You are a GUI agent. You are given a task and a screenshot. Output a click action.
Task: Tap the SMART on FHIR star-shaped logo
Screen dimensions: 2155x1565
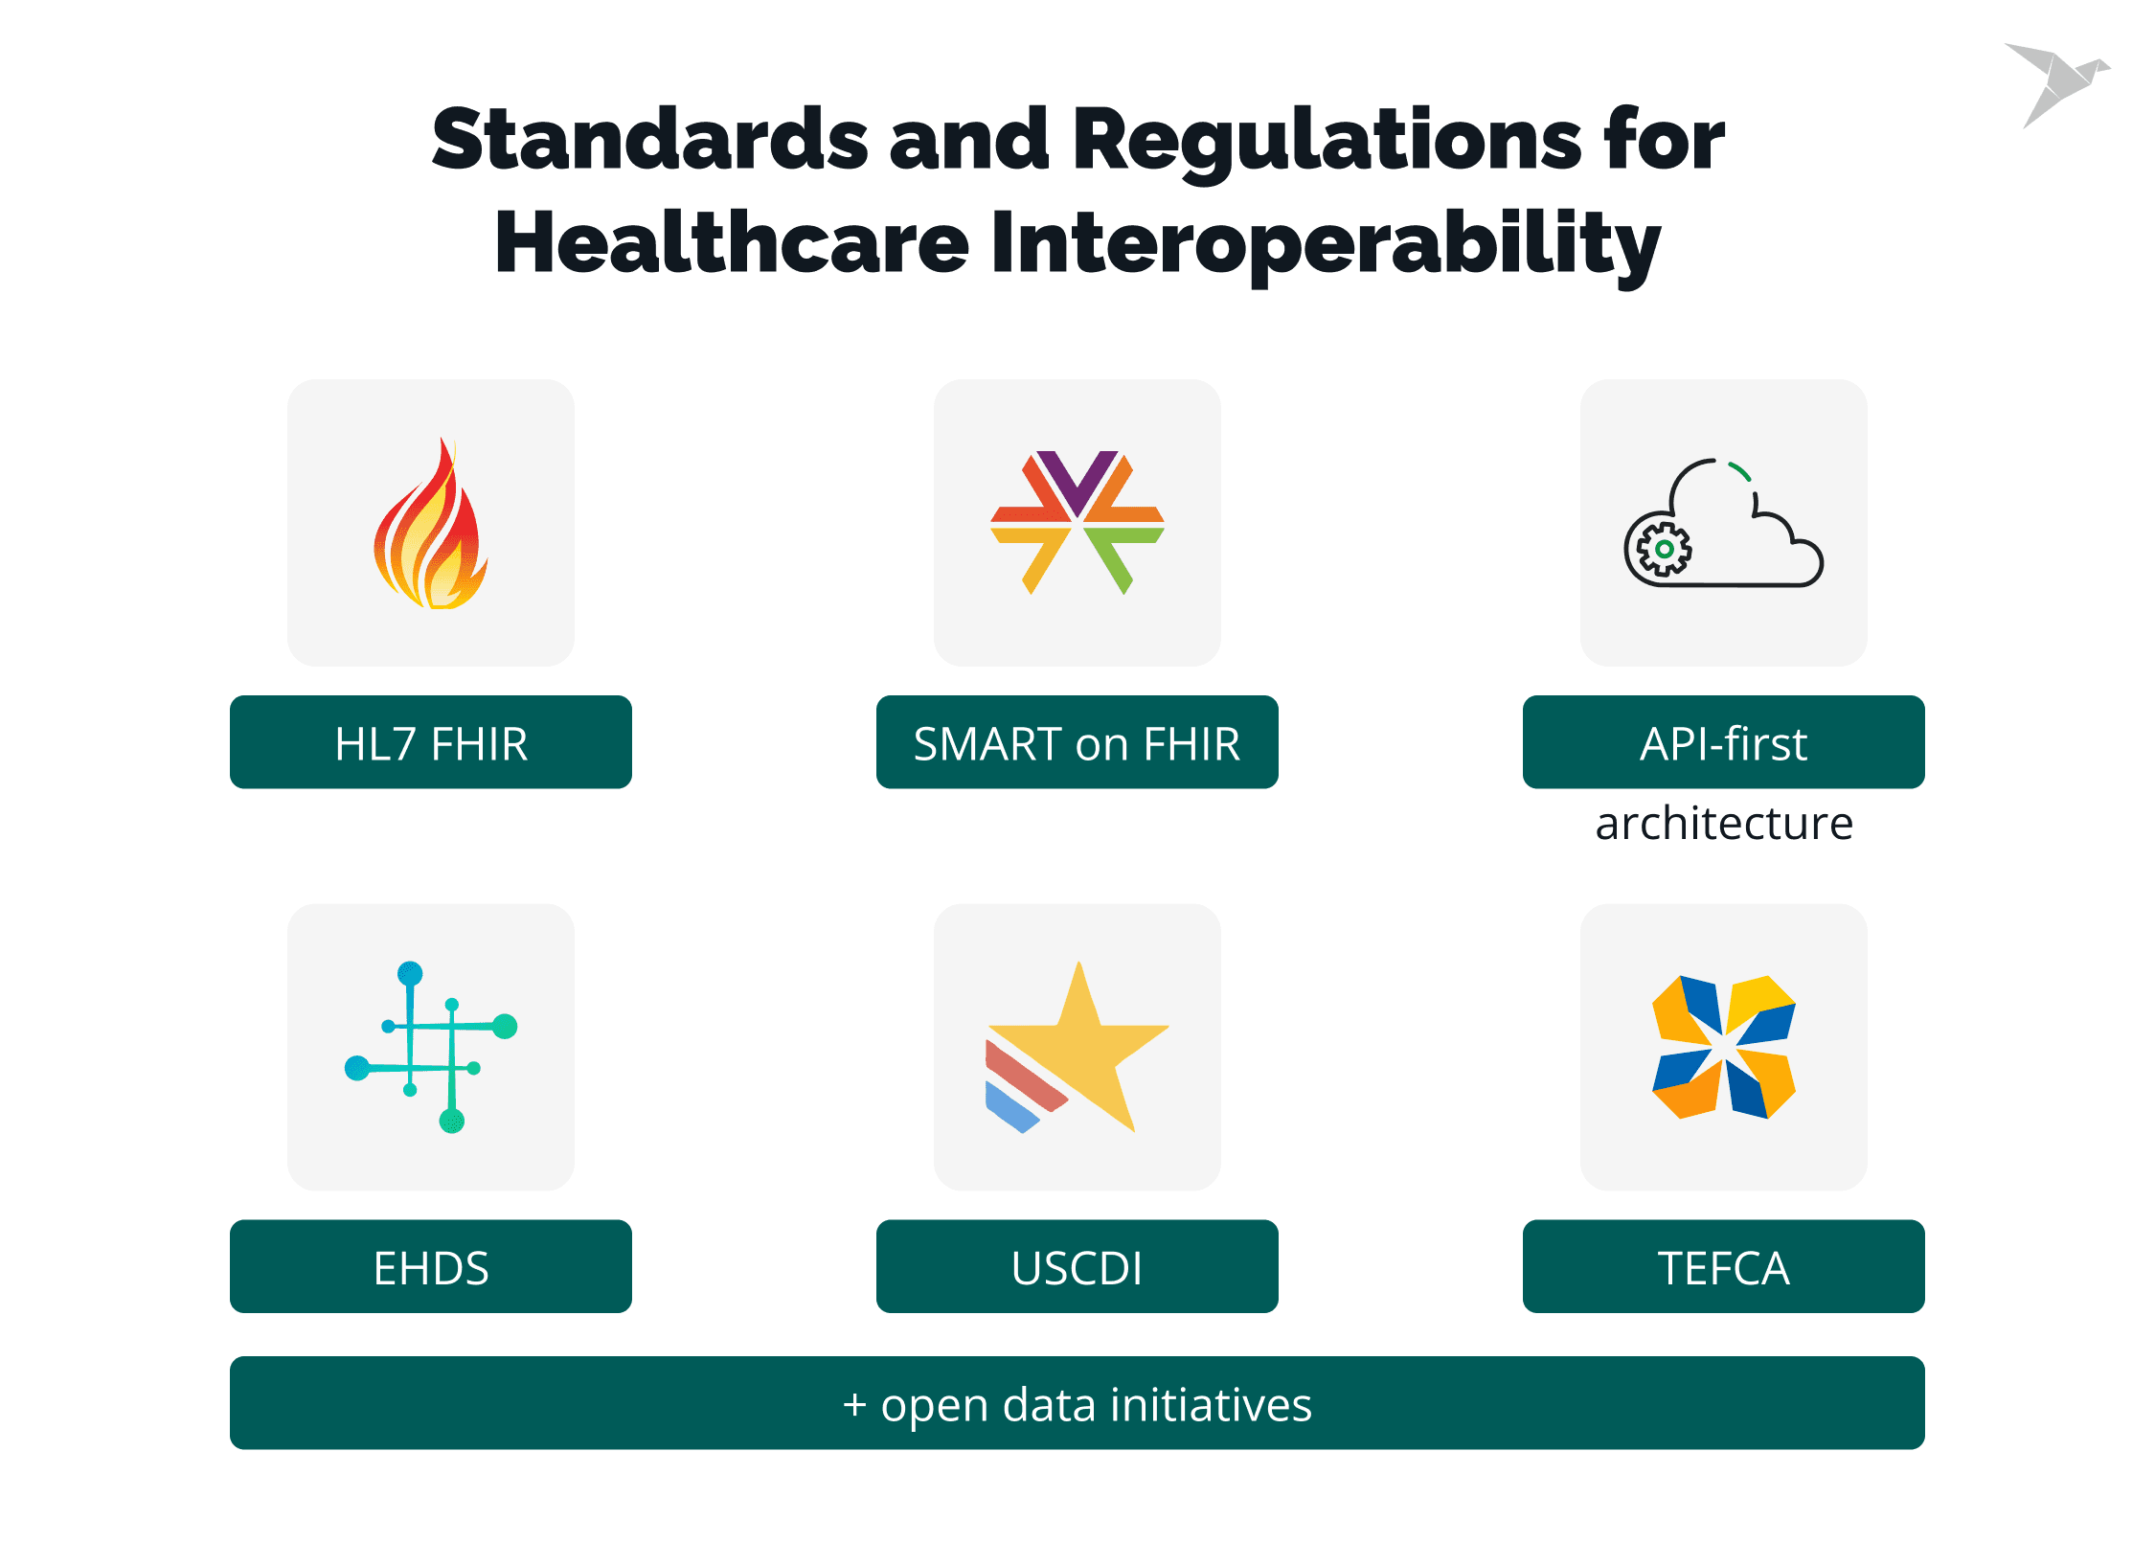[x=1077, y=523]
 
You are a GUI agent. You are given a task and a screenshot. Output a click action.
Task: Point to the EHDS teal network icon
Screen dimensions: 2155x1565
[x=431, y=1047]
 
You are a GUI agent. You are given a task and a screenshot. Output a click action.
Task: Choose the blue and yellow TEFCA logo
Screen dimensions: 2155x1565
[x=1724, y=1047]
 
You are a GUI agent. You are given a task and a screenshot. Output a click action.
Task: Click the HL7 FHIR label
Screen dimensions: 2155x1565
[x=431, y=743]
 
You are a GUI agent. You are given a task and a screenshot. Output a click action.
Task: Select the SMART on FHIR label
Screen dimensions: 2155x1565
[x=1077, y=743]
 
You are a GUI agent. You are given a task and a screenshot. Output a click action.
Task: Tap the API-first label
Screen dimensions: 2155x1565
[x=1724, y=743]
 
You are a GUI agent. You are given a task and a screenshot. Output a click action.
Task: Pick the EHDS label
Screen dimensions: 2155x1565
[x=431, y=1267]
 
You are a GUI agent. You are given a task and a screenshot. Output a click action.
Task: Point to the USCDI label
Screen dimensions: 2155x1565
[x=1077, y=1267]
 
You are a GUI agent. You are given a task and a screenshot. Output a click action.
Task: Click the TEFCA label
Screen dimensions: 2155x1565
[x=1724, y=1267]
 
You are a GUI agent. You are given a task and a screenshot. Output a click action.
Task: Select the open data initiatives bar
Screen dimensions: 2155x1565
[x=1077, y=1403]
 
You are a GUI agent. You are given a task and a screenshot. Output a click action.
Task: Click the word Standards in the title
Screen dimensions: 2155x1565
[x=650, y=139]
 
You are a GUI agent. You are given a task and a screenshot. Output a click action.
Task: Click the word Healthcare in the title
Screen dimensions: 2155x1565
[x=733, y=241]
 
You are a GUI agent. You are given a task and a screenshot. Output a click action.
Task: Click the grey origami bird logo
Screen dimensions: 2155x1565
[x=2057, y=84]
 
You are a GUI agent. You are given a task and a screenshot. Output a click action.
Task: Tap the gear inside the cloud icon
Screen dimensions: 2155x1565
[x=1665, y=550]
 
